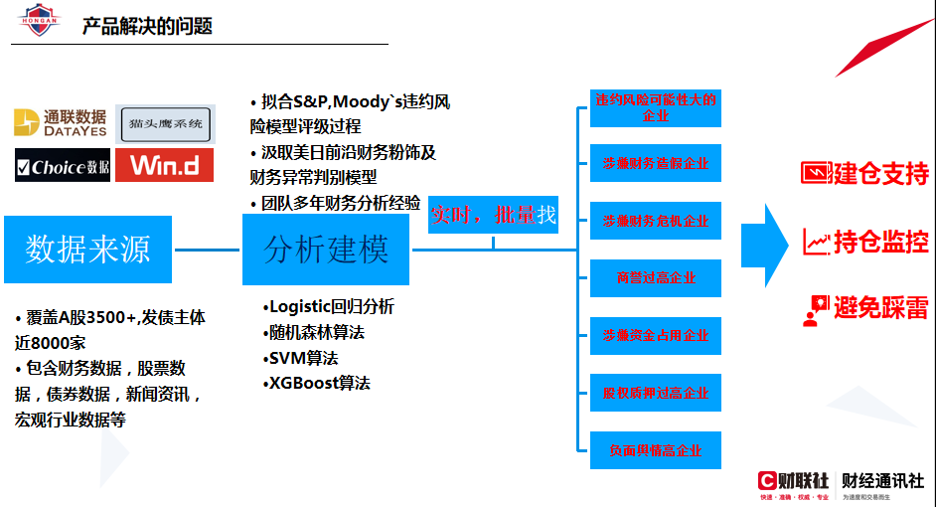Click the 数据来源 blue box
pos(87,249)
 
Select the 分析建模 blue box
pos(326,249)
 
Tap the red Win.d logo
pos(164,165)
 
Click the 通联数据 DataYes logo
pos(61,122)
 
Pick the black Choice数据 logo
pos(63,166)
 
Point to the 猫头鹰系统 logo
pos(165,123)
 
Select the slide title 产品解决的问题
pos(147,25)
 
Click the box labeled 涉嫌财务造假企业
pos(656,163)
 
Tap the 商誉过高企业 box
pos(656,278)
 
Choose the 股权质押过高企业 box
pos(656,394)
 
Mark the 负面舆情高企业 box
pos(656,450)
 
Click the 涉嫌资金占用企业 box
pos(656,336)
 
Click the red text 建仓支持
pos(880,173)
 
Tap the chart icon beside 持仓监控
pos(816,242)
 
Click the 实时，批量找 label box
pos(493,215)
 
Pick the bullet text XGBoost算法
pos(318,383)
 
